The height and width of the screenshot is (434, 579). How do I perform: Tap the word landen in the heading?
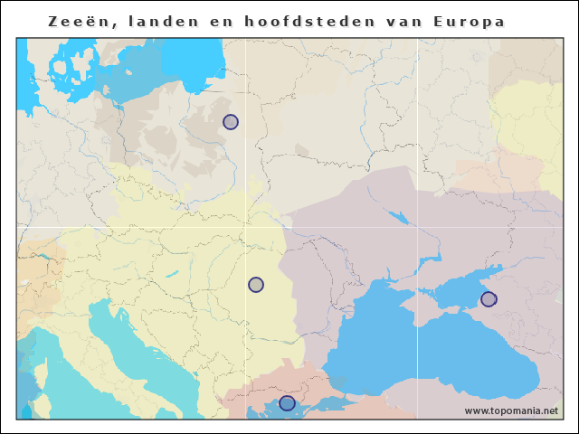click(x=148, y=21)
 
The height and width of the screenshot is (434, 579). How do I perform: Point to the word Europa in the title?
click(x=471, y=21)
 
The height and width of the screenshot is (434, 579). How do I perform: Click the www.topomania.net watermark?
click(x=511, y=410)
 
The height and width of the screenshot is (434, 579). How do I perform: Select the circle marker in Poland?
click(x=231, y=122)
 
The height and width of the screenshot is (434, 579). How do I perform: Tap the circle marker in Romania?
click(x=256, y=285)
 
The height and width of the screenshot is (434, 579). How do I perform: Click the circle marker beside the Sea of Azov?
click(x=489, y=299)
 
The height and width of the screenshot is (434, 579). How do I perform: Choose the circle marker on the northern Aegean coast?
click(x=287, y=403)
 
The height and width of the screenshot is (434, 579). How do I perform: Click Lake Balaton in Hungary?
click(x=170, y=275)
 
